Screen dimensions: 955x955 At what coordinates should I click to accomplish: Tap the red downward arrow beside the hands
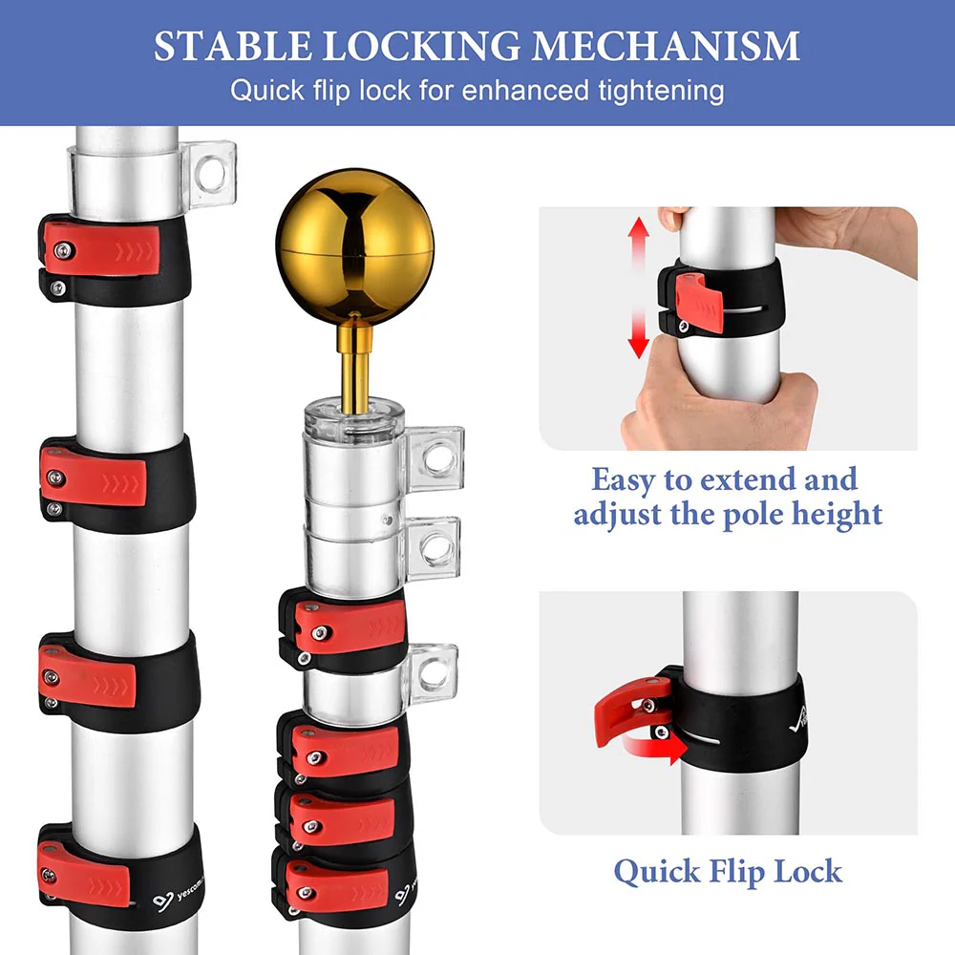(x=639, y=337)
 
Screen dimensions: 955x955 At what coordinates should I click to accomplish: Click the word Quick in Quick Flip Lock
(x=655, y=871)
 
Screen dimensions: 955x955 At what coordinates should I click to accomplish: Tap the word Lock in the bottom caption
(x=807, y=871)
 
